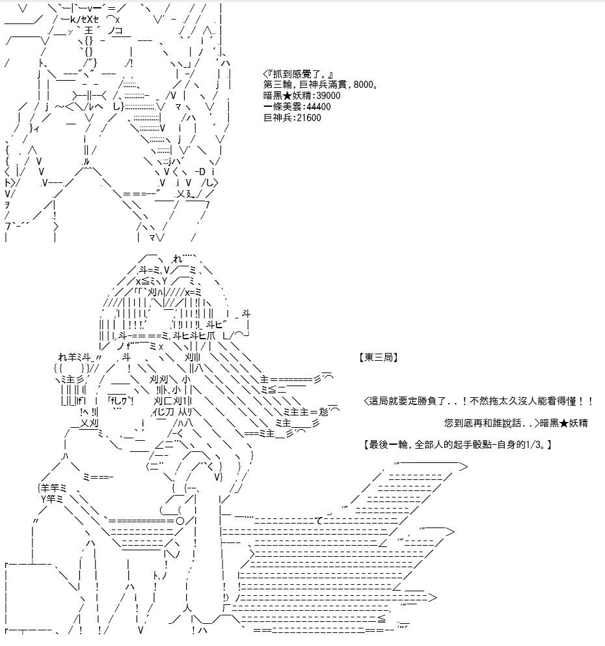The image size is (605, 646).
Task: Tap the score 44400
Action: (319, 107)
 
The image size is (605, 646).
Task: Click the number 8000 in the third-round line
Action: (364, 85)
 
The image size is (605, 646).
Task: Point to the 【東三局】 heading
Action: (378, 358)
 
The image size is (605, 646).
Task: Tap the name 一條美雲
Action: (283, 107)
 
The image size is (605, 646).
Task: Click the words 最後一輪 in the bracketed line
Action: (388, 445)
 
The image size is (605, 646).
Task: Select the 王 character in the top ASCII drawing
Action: (88, 31)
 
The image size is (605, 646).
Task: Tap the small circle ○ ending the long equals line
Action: (180, 521)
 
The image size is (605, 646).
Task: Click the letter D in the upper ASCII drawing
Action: (202, 171)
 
